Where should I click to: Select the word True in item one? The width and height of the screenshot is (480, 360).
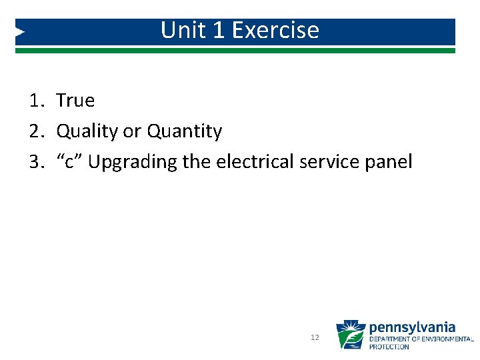coord(75,101)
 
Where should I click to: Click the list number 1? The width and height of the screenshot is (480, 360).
coord(35,101)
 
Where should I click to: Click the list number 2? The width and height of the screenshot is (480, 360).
coord(35,131)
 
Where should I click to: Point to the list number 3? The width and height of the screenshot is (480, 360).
coord(35,162)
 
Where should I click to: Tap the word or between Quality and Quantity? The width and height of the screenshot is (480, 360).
coord(132,131)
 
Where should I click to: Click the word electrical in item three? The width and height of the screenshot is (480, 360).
coord(252,162)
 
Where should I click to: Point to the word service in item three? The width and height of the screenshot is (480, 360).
coord(328,162)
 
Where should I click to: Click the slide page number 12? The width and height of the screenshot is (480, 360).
coord(315,338)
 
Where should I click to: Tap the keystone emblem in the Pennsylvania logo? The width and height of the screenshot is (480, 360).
coord(350,335)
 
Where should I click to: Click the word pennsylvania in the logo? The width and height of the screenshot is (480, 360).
coord(412,327)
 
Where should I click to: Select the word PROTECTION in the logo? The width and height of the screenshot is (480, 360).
coord(389,347)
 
